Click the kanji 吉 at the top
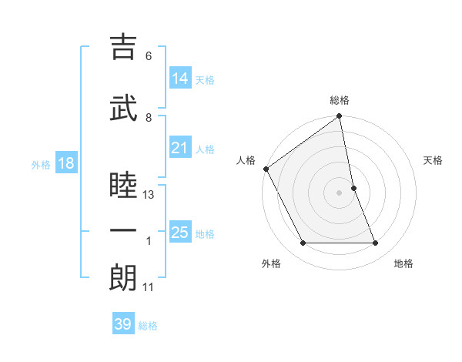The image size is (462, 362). [123, 47]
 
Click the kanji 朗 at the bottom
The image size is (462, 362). [123, 278]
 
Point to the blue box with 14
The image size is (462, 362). [180, 78]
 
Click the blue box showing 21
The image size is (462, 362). [180, 148]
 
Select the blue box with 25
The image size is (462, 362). [180, 233]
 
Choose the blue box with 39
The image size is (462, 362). [123, 324]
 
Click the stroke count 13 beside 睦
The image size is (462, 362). [149, 195]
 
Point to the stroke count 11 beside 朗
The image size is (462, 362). [149, 287]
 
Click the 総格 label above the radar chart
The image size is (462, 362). [340, 100]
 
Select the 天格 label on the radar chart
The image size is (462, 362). [433, 160]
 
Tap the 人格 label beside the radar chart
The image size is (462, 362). [246, 160]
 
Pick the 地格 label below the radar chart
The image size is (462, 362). [403, 263]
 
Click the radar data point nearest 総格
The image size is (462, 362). [340, 117]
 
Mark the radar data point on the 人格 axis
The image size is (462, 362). [266, 169]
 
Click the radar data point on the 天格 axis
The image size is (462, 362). [353, 188]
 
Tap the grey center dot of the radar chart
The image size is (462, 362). [340, 193]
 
